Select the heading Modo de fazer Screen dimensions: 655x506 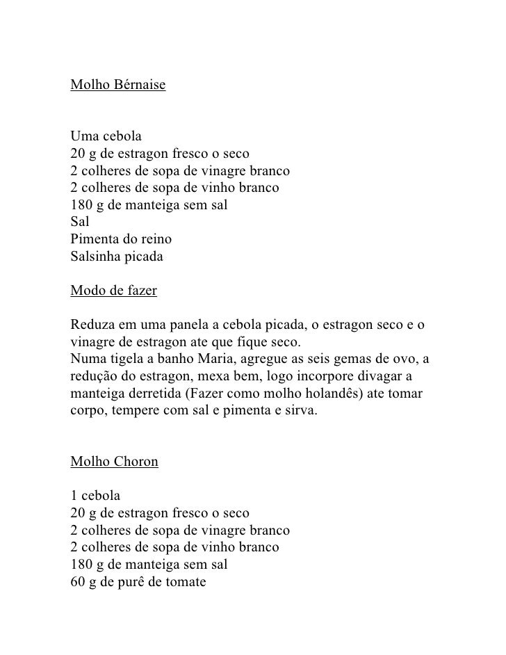[x=114, y=291]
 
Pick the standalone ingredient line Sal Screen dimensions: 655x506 [x=80, y=223]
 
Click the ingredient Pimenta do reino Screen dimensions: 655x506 [x=122, y=240]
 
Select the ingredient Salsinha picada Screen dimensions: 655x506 [x=117, y=257]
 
